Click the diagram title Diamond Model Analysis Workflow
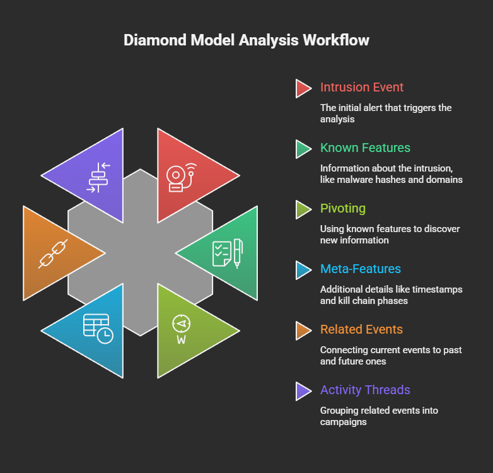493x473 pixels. pyautogui.click(x=246, y=40)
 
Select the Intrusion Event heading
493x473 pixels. pyautogui.click(x=362, y=88)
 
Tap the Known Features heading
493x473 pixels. pyautogui.click(x=365, y=148)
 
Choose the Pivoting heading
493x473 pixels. pyautogui.click(x=342, y=209)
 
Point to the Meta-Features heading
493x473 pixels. pyautogui.click(x=360, y=269)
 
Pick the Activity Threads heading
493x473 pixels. pyautogui.click(x=365, y=390)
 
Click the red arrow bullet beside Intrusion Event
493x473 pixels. pyautogui.click(x=303, y=88)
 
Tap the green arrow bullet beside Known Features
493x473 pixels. pyautogui.click(x=303, y=149)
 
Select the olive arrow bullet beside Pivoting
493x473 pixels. pyautogui.click(x=303, y=209)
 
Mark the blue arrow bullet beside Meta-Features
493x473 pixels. pyautogui.click(x=303, y=270)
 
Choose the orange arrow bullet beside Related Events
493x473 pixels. pyautogui.click(x=303, y=330)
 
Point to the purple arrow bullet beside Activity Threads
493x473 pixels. pyautogui.click(x=303, y=391)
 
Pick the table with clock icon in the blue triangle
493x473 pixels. pyautogui.click(x=98, y=329)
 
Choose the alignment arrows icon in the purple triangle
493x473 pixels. pyautogui.click(x=98, y=177)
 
